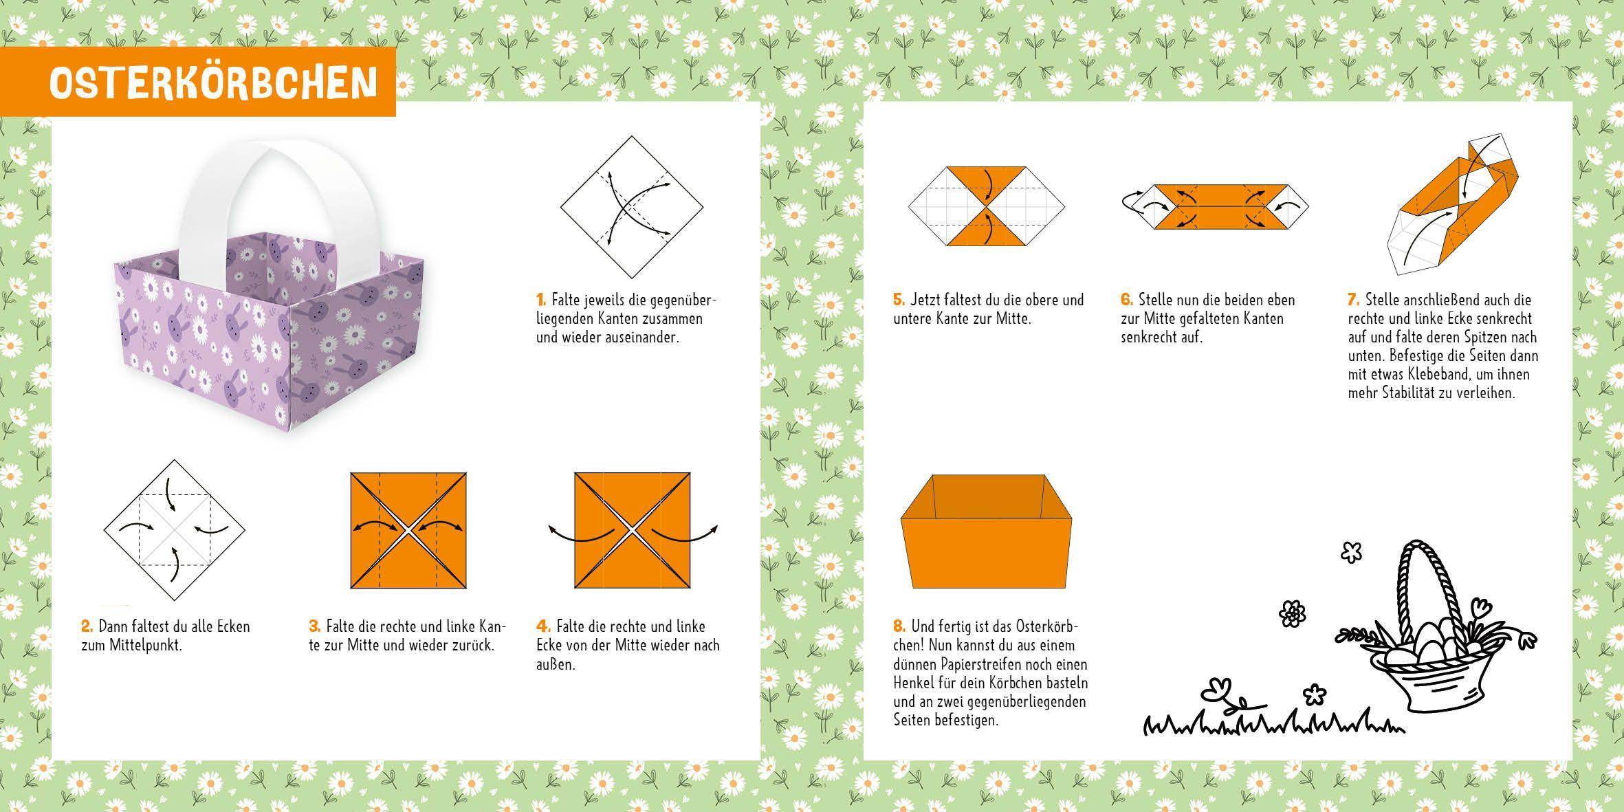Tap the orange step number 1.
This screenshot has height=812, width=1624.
tap(541, 300)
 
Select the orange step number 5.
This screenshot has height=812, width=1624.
tap(899, 300)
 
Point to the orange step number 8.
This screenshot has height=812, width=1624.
tap(899, 626)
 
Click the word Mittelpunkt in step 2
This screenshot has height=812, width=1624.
tap(144, 646)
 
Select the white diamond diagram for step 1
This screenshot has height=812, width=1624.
tap(632, 206)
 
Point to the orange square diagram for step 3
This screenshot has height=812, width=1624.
tap(408, 530)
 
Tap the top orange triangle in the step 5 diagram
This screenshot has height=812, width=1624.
tap(986, 181)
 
